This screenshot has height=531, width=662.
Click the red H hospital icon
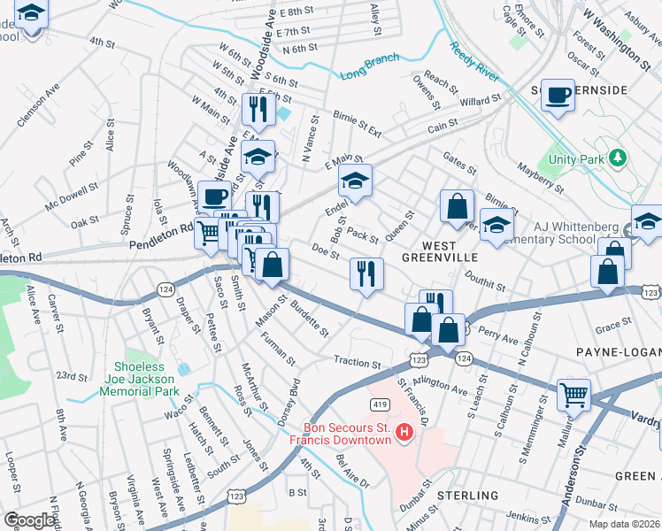coord(404,432)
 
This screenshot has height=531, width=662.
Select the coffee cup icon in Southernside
coord(558,95)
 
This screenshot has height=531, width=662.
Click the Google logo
coord(30,520)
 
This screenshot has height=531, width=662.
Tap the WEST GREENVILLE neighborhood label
coord(427,251)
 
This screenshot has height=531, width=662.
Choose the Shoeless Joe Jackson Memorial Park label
coord(146,379)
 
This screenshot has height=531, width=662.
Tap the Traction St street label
coord(357,361)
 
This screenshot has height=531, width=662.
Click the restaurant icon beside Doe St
coord(366,273)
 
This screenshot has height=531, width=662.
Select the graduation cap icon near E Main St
coord(355,181)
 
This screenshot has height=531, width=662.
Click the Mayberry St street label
coord(542,176)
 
